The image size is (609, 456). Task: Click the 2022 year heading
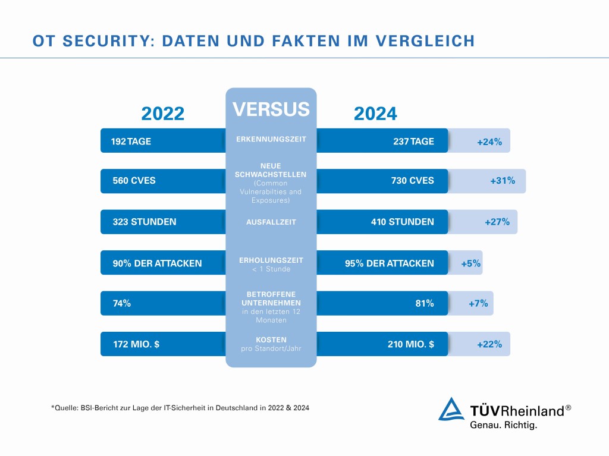tap(162, 114)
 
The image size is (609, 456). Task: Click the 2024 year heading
tap(375, 114)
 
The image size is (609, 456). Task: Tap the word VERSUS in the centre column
tap(271, 109)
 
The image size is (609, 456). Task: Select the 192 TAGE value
tap(131, 141)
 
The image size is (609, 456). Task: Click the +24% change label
tap(489, 142)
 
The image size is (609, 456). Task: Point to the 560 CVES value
tap(134, 181)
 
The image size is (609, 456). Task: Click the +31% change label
tap(503, 181)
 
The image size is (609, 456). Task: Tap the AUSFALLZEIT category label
tap(271, 222)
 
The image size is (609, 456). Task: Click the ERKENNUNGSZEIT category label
tap(271, 139)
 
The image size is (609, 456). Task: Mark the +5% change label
tap(470, 263)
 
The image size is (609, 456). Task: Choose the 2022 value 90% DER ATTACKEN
tap(157, 263)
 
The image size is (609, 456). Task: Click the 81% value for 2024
tap(424, 303)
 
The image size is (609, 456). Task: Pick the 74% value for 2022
tap(122, 303)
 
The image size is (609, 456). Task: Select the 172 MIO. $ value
tap(136, 344)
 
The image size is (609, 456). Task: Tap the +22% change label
tap(489, 344)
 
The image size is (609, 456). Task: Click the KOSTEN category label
tap(271, 339)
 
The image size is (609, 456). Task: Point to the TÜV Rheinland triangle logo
tap(452, 410)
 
